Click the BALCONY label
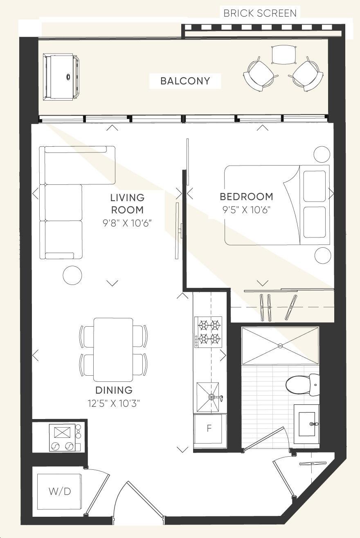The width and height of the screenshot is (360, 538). (185, 81)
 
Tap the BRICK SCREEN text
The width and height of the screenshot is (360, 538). (260, 13)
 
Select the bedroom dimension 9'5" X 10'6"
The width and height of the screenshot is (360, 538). (247, 210)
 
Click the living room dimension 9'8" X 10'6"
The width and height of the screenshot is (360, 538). (127, 223)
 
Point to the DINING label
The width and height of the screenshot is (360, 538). (114, 390)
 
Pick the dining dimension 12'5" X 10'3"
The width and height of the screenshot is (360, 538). (114, 403)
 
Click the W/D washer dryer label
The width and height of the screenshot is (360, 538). (60, 492)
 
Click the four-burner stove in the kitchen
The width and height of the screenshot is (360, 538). (208, 332)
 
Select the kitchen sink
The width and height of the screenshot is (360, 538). (208, 397)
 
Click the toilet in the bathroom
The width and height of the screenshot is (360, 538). (302, 385)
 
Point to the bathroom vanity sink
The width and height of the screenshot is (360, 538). (307, 424)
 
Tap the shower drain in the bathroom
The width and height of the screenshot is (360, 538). (280, 346)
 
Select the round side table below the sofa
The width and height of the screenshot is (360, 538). (72, 275)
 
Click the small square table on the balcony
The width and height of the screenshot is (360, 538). (283, 54)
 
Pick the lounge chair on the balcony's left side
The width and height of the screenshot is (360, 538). (61, 77)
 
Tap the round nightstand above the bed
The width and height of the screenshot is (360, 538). (322, 155)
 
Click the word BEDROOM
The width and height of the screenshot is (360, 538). (247, 197)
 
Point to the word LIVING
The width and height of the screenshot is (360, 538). (127, 198)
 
